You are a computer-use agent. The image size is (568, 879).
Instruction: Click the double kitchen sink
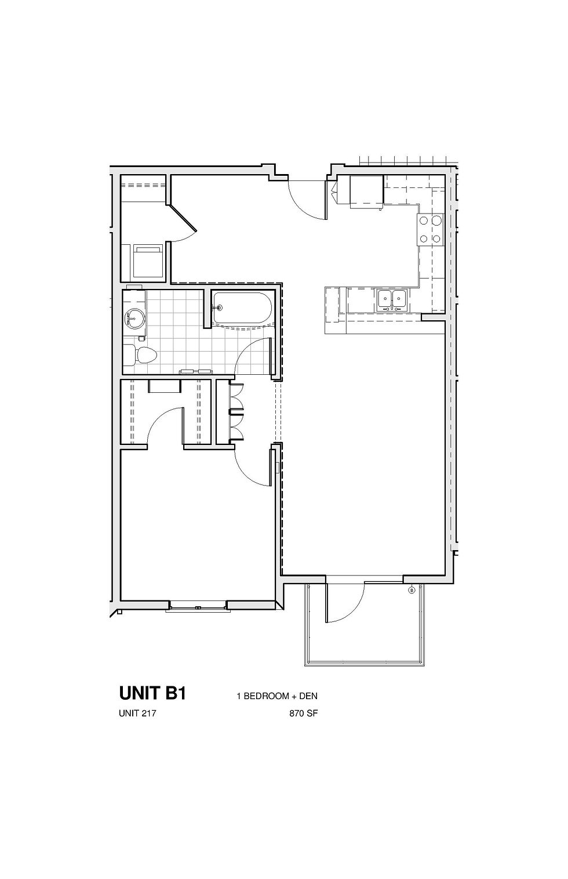coord(392,300)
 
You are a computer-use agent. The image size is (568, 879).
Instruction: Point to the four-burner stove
coord(431,230)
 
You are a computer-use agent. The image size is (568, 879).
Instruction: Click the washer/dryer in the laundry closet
coord(147,261)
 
